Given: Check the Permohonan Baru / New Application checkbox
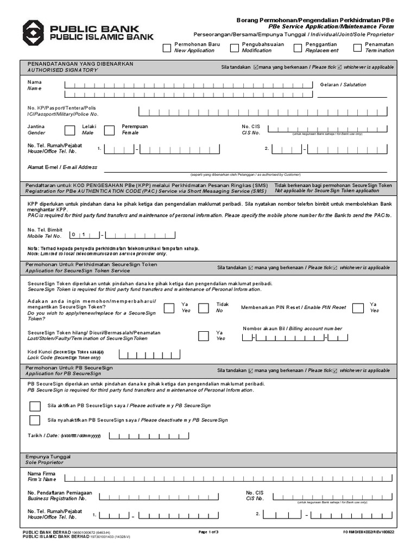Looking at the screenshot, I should point(167,48).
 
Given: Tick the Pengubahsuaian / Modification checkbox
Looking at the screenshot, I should point(234,48).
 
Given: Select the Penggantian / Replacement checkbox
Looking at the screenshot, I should point(298,48).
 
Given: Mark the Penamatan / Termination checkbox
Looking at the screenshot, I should point(357,48).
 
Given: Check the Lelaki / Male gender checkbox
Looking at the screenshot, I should point(69,130).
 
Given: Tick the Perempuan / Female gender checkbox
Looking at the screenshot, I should point(109,130).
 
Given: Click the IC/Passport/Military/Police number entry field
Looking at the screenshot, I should point(263,111).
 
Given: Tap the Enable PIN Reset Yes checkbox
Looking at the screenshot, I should point(357,308).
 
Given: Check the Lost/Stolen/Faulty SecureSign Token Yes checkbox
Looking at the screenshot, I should point(203,336).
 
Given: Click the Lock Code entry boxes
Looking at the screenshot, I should point(143,355).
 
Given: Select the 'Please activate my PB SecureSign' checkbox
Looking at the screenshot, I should point(35,406).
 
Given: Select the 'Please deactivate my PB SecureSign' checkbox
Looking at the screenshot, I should point(35,420).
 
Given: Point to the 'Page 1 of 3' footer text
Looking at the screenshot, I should point(208,532).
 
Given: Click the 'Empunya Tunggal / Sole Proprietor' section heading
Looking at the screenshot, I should point(45,460).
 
